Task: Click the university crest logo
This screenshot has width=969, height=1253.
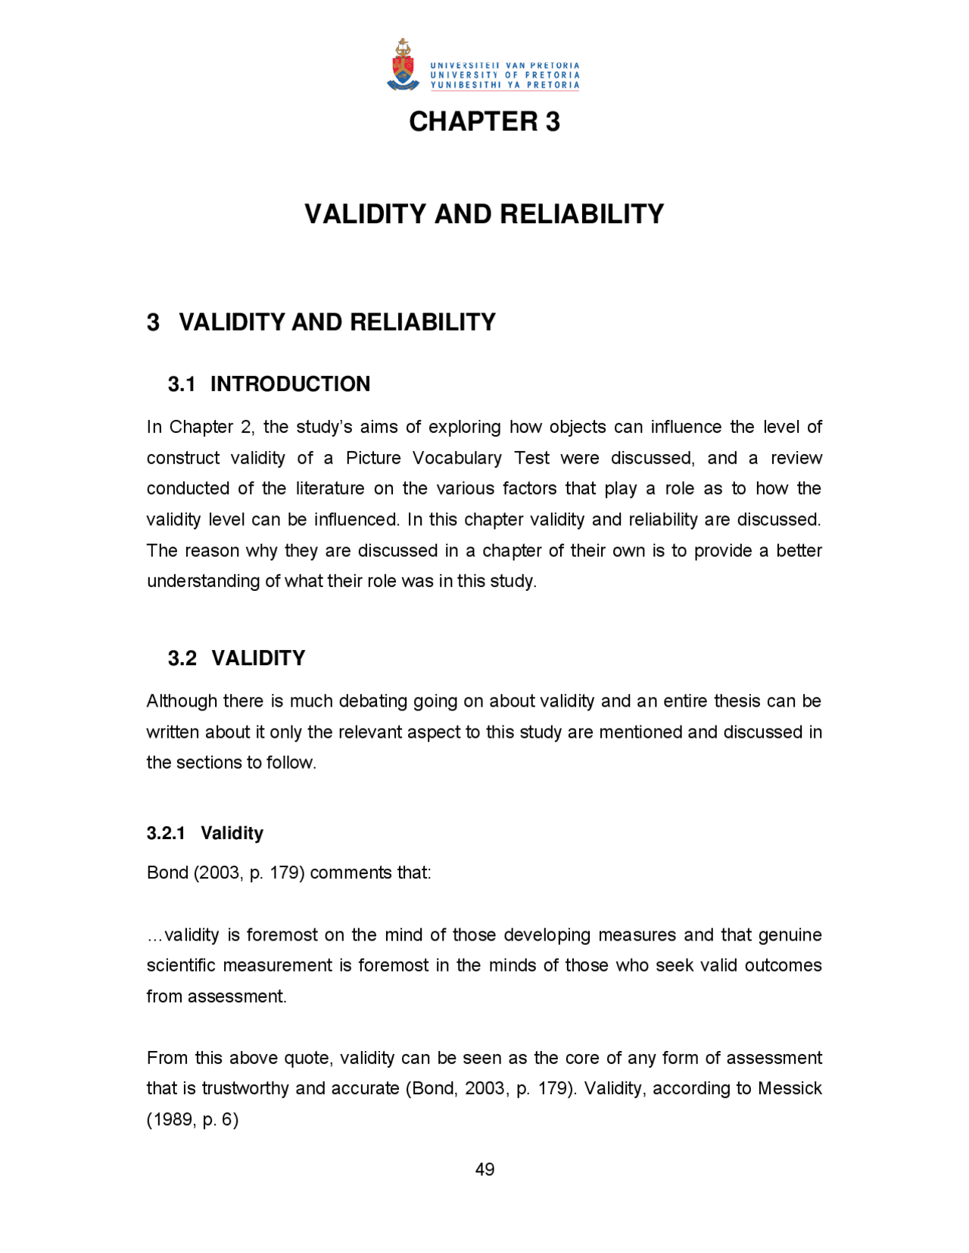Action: coord(403,66)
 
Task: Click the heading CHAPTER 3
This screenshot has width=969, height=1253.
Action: coord(484,122)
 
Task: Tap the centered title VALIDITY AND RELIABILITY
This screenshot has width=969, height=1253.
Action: coord(484,214)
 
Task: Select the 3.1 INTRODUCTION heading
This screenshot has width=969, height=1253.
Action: coord(269,384)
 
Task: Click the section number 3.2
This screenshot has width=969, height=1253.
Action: coord(182,658)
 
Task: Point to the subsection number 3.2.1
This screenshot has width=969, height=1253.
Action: coord(166,833)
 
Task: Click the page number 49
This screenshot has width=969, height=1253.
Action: coord(484,1170)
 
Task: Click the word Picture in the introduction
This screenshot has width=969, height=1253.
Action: coord(373,459)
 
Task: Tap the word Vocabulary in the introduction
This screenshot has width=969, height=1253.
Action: coord(457,459)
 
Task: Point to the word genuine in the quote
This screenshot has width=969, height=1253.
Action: coord(790,935)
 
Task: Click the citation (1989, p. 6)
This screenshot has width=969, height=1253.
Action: coord(192,1120)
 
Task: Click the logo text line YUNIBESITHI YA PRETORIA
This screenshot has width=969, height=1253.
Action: coord(504,86)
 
